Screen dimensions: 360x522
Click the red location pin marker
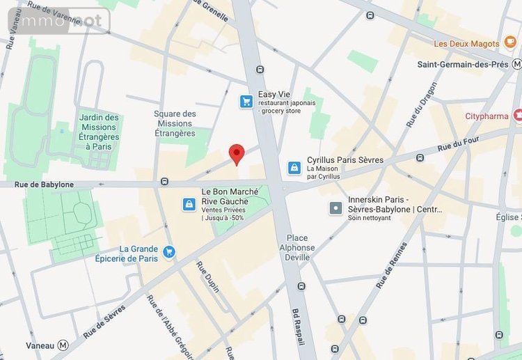pyautogui.click(x=237, y=153)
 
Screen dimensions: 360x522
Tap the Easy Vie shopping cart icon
pyautogui.click(x=246, y=102)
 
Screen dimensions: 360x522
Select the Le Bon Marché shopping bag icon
pyautogui.click(x=189, y=204)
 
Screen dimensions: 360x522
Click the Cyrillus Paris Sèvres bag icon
pyautogui.click(x=294, y=168)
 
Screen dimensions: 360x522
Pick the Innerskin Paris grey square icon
pyautogui.click(x=335, y=208)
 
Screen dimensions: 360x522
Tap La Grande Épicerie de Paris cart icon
pyautogui.click(x=168, y=251)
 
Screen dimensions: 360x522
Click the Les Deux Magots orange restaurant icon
pyautogui.click(x=509, y=43)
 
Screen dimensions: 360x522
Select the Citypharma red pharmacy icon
pyautogui.click(x=517, y=115)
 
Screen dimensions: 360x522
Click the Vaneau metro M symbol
pyautogui.click(x=63, y=345)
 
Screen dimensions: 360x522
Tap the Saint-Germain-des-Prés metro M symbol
pyautogui.click(x=516, y=64)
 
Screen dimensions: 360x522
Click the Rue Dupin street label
pyautogui.click(x=207, y=278)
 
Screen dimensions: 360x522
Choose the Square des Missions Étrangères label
pyautogui.click(x=175, y=124)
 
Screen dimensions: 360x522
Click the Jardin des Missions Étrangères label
pyautogui.click(x=98, y=132)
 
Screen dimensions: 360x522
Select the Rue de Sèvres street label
pyautogui.click(x=104, y=321)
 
